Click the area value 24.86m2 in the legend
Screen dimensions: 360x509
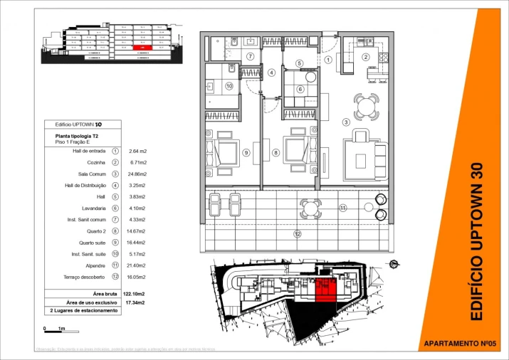click(x=137, y=174)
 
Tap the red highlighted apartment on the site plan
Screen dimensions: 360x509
click(x=325, y=290)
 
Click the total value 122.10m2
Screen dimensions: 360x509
click(x=134, y=293)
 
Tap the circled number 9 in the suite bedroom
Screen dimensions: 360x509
click(x=245, y=152)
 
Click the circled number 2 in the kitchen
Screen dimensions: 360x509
click(x=366, y=57)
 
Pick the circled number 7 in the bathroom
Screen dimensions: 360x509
click(x=250, y=56)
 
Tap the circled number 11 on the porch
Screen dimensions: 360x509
click(x=342, y=208)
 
